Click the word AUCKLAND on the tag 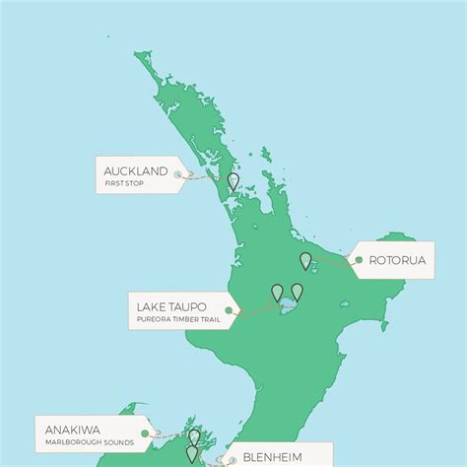point(135,170)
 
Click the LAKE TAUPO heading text point(173,306)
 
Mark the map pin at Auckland point(233,181)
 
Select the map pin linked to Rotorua point(305,260)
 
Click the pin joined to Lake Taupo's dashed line point(278,292)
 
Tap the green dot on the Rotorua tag point(359,260)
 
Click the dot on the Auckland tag point(177,175)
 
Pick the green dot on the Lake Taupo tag point(229,310)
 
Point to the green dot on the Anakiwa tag point(145,432)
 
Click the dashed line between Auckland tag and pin point(204,178)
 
